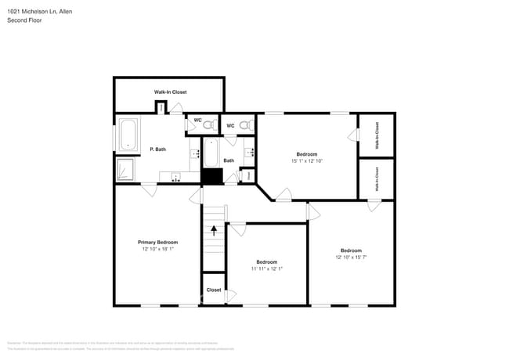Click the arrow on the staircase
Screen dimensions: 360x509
click(x=213, y=230)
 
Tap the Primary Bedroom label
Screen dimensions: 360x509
click(x=157, y=242)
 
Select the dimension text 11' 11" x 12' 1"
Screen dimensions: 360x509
click(x=266, y=268)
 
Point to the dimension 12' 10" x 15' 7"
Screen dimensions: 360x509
click(x=351, y=257)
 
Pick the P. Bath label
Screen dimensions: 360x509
click(x=157, y=149)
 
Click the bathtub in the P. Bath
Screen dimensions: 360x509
click(x=128, y=135)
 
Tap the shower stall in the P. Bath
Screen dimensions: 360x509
click(x=126, y=170)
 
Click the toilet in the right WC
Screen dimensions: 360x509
click(x=245, y=125)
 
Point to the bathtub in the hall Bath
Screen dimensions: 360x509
click(x=210, y=151)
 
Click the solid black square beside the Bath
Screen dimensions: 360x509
click(x=211, y=176)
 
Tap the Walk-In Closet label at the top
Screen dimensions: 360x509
click(x=170, y=92)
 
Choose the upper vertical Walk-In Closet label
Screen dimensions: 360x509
click(x=377, y=135)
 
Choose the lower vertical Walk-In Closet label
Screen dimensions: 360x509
click(x=377, y=179)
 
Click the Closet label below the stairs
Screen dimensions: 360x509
click(x=214, y=290)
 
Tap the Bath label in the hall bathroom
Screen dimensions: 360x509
click(x=229, y=160)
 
